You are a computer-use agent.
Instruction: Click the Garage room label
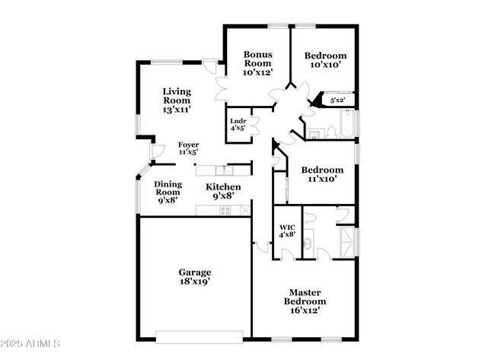195,272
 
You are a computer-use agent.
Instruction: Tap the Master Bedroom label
305,297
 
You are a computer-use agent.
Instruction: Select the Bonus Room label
258,59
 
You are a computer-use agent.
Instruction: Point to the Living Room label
177,96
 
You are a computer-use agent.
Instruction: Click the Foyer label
188,145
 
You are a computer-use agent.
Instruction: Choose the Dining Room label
168,188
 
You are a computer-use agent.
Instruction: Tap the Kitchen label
223,186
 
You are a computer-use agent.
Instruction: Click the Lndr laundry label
238,121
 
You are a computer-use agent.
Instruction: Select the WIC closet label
287,227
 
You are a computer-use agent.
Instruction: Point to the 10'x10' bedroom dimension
325,65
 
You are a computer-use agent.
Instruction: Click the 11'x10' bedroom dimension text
322,179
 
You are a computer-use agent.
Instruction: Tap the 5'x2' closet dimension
337,100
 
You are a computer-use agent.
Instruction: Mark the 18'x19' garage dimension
195,281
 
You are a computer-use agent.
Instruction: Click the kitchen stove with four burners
225,210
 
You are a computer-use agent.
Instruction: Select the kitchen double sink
224,170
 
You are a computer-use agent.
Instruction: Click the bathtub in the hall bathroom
347,123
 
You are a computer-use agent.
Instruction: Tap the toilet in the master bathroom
310,218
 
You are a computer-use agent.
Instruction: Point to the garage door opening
200,336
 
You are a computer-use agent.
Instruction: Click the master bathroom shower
347,242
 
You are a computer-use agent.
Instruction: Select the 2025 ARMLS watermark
30,343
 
